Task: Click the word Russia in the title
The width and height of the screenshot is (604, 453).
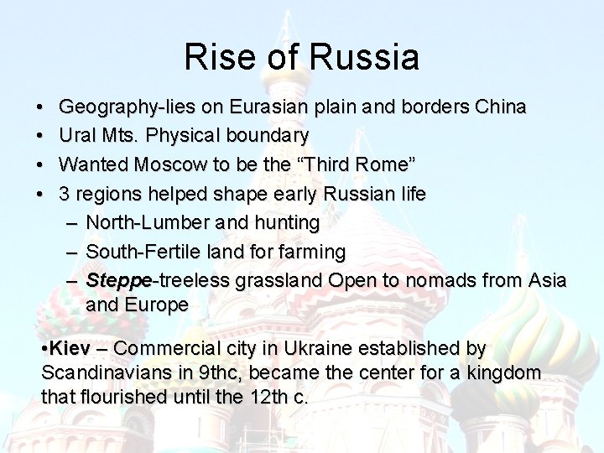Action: (364, 57)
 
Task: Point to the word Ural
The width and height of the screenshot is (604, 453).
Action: (78, 135)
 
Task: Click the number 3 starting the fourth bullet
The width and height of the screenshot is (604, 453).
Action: (64, 194)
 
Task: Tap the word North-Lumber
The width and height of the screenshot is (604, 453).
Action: (146, 223)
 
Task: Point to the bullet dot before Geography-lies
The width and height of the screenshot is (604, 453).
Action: (42, 109)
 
